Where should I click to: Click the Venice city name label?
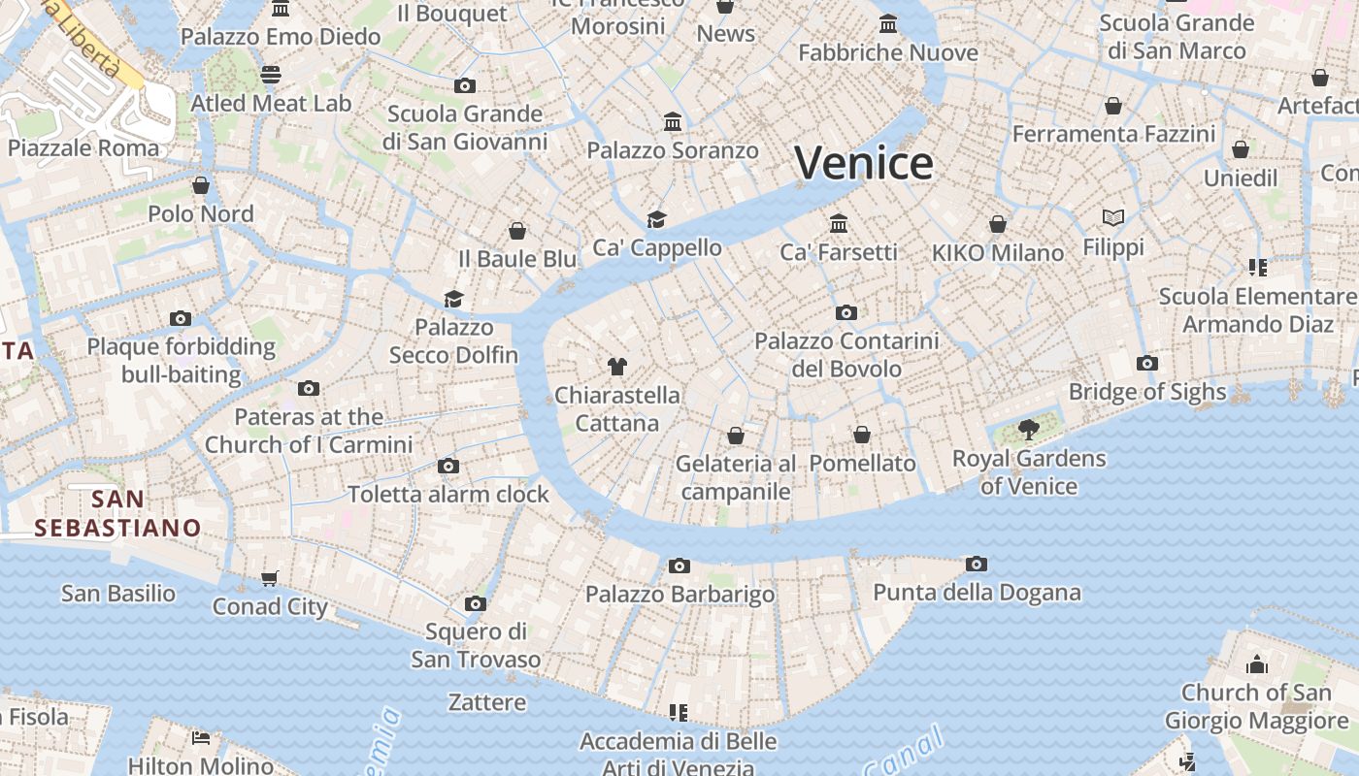pyautogui.click(x=864, y=162)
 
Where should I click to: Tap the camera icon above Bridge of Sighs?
pyautogui.click(x=1147, y=364)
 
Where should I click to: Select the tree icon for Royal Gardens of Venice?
pyautogui.click(x=1029, y=428)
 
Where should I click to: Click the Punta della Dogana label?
pyautogui.click(x=977, y=593)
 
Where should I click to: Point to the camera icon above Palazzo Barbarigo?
pyautogui.click(x=679, y=566)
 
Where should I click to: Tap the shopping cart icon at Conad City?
pyautogui.click(x=269, y=578)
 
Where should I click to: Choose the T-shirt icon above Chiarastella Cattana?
pyautogui.click(x=616, y=366)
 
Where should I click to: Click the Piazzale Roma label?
pyautogui.click(x=83, y=148)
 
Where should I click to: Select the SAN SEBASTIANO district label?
pyautogui.click(x=117, y=514)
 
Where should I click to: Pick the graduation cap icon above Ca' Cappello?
pyautogui.click(x=657, y=219)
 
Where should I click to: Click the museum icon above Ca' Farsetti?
pyautogui.click(x=839, y=224)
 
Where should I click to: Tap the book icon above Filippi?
pyautogui.click(x=1113, y=218)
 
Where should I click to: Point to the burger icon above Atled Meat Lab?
pyautogui.click(x=271, y=75)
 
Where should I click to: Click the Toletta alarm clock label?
pyautogui.click(x=448, y=494)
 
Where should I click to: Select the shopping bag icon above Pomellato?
pyautogui.click(x=862, y=435)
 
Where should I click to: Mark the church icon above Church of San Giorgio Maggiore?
pyautogui.click(x=1257, y=664)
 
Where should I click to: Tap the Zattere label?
pyautogui.click(x=487, y=702)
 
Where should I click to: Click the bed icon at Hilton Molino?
pyautogui.click(x=201, y=738)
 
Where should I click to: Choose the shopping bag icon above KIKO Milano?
pyautogui.click(x=998, y=225)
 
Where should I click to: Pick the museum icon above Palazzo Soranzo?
pyautogui.click(x=673, y=122)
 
